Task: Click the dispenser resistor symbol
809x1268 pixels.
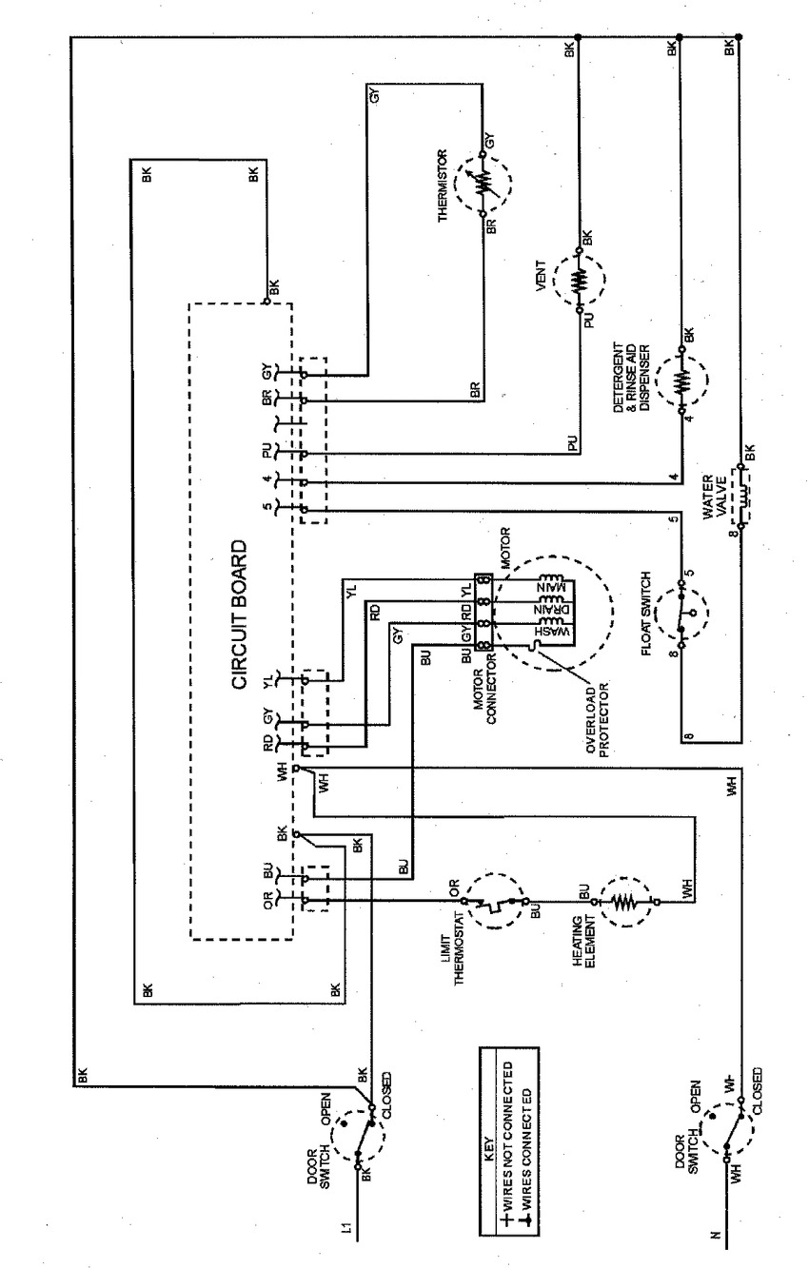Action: (681, 380)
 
